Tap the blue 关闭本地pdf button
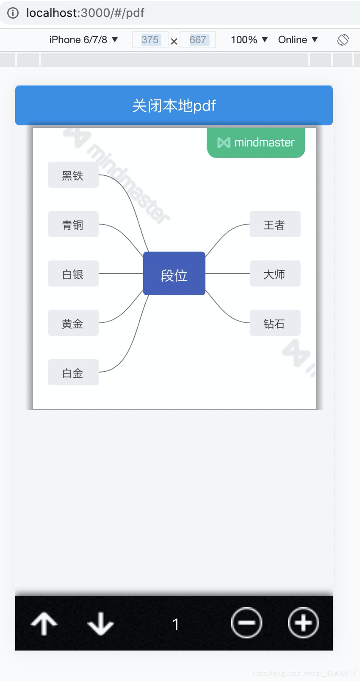(x=174, y=105)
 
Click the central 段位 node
(x=174, y=273)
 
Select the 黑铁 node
(x=73, y=175)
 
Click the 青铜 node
(x=73, y=224)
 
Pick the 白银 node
(x=73, y=274)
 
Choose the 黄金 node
(x=73, y=323)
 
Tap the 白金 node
(x=73, y=372)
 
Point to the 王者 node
(x=275, y=224)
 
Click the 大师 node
(x=275, y=274)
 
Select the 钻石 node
(x=275, y=323)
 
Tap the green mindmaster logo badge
(x=256, y=143)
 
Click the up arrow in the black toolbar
(x=44, y=624)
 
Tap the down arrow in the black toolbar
(x=101, y=624)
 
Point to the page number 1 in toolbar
(x=175, y=624)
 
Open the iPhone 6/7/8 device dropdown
(x=83, y=39)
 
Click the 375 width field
(x=150, y=39)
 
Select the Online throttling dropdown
(x=298, y=39)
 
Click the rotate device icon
(x=343, y=40)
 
